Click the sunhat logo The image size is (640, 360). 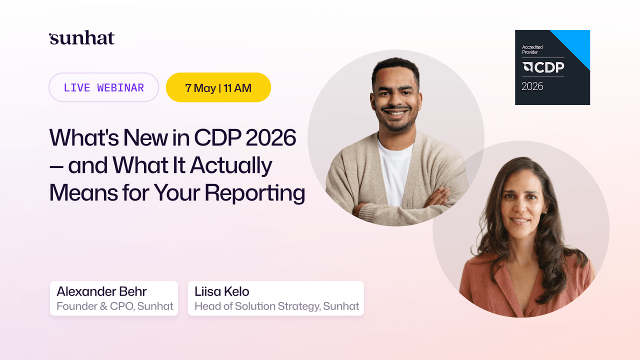82,38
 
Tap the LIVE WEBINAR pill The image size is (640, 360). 103,87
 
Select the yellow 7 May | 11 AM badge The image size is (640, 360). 218,87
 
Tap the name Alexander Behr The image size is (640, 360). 101,291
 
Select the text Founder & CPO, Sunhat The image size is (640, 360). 114,306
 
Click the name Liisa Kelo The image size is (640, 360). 221,291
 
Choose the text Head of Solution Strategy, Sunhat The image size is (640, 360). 276,306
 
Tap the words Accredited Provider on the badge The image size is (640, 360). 532,49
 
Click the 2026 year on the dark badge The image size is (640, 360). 532,86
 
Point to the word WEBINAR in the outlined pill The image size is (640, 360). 120,87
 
